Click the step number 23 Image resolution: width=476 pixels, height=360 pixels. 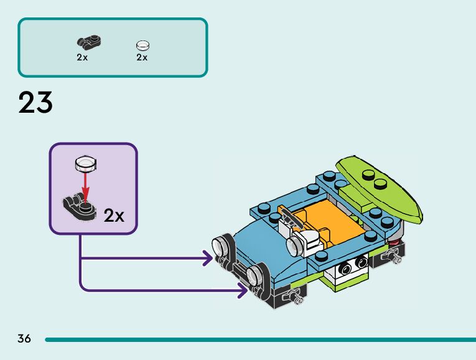click(35, 102)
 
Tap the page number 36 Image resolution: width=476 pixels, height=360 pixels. click(24, 339)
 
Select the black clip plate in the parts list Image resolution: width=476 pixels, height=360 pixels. click(89, 43)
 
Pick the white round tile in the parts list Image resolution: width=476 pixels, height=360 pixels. click(142, 45)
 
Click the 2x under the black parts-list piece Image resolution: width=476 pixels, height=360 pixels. click(82, 57)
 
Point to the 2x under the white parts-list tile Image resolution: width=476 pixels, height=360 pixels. click(142, 57)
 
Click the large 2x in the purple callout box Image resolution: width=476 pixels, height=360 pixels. click(114, 216)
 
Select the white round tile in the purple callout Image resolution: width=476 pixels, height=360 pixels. click(85, 164)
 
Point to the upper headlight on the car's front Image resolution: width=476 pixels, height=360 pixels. click(221, 248)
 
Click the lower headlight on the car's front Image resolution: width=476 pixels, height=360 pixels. click(254, 275)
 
